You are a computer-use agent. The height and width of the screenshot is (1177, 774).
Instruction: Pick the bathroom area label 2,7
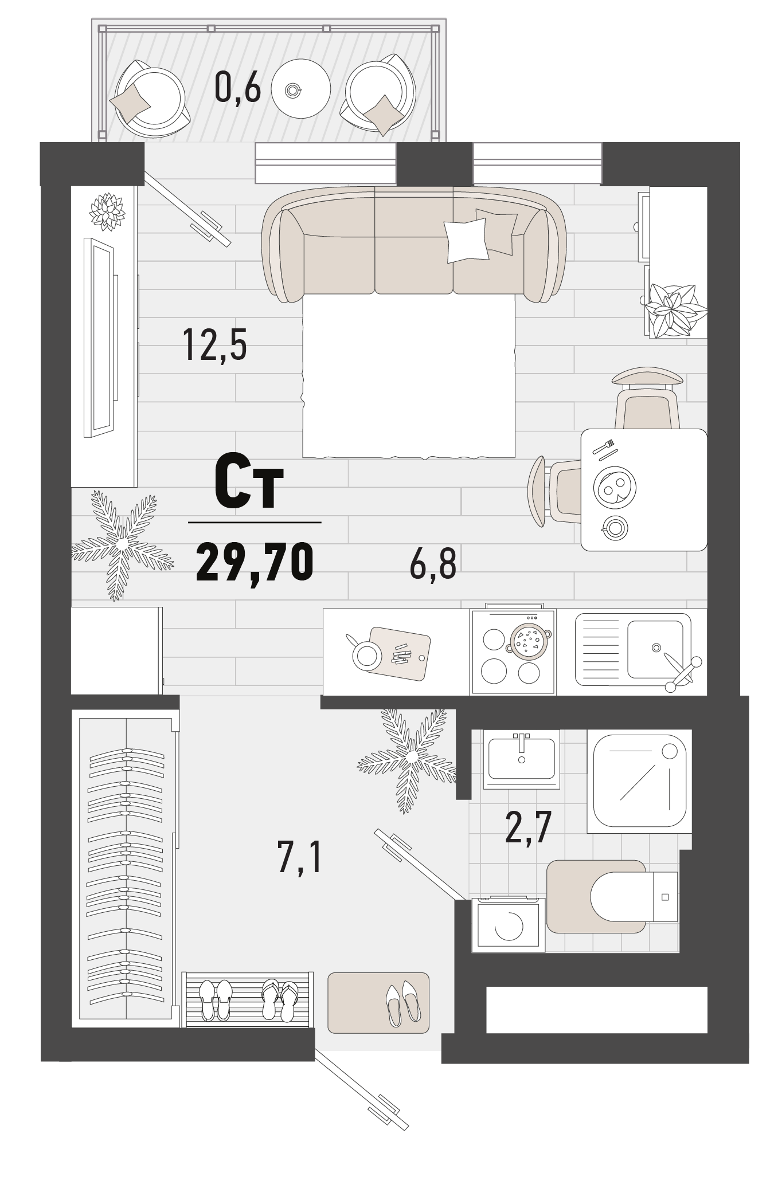[x=528, y=827]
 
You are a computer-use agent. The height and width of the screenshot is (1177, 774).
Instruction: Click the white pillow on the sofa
[x=467, y=241]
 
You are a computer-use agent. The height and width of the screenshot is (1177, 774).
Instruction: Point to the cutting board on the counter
[x=398, y=653]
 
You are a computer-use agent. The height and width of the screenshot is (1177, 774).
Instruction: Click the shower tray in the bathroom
[x=639, y=781]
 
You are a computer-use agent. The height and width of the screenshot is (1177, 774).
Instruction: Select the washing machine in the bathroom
[x=508, y=925]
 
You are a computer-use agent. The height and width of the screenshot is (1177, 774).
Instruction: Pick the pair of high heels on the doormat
[x=402, y=1004]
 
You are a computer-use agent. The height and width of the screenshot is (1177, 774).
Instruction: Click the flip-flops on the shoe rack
[x=280, y=999]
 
